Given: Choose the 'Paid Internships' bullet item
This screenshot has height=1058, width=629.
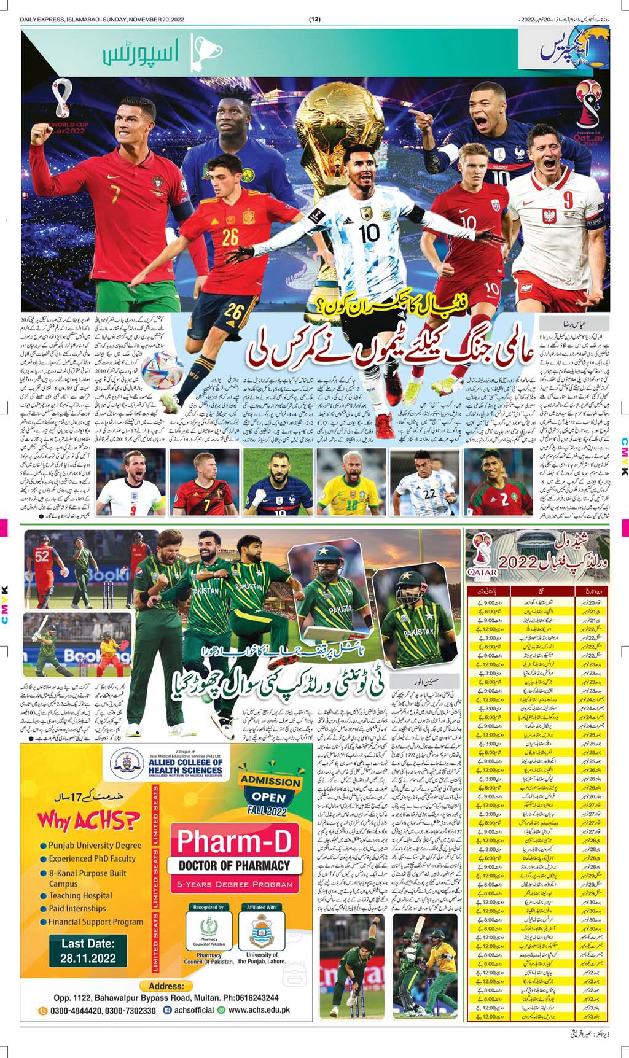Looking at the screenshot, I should [77, 908].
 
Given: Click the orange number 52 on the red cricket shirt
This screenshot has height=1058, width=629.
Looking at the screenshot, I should [42, 556].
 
